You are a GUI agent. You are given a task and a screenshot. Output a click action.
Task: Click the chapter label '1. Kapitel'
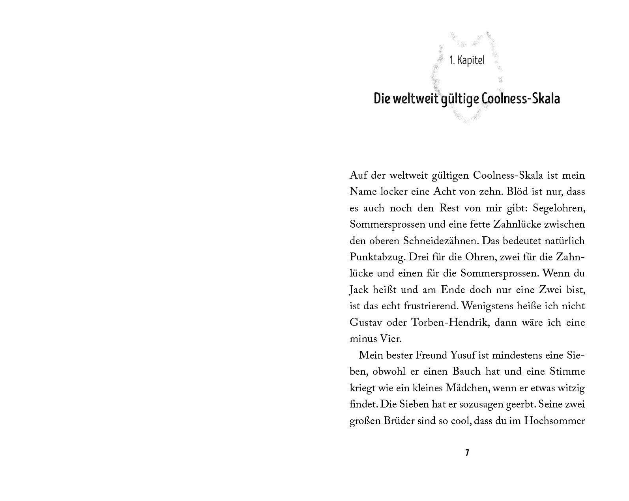point(467,61)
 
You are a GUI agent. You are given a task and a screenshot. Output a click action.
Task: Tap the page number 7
point(467,453)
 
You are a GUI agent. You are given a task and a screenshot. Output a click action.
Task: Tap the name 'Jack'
point(359,290)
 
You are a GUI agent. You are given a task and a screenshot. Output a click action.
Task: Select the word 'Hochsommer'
point(554,421)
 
